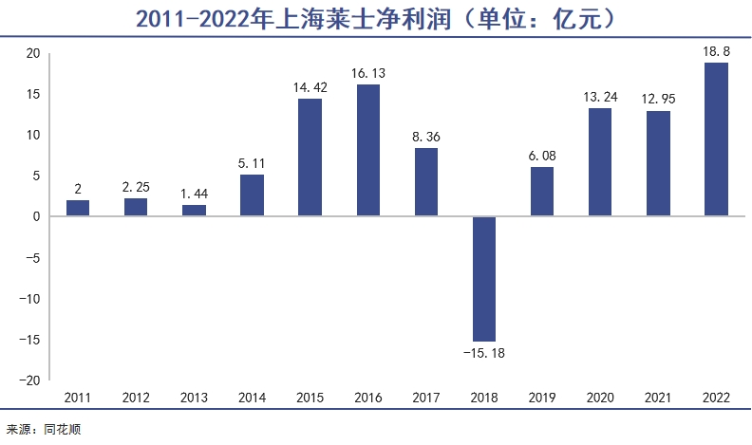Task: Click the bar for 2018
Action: click(484, 278)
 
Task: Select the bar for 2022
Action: click(717, 139)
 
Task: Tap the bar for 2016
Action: click(368, 150)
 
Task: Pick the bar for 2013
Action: click(194, 211)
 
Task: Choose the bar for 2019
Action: click(542, 192)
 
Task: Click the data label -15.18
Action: click(484, 353)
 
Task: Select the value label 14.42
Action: click(310, 86)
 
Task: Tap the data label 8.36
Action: click(426, 136)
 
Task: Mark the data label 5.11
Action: click(253, 162)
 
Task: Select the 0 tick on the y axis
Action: click(36, 217)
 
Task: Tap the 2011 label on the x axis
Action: click(78, 399)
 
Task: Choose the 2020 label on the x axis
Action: click(600, 399)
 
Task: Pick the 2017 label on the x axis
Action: click(426, 399)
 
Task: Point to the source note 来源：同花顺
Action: click(44, 430)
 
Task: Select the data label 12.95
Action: click(659, 99)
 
